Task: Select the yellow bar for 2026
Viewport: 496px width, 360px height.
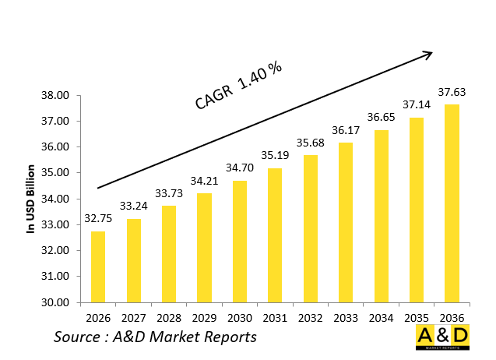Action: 98,266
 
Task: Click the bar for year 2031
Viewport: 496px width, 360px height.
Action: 274,235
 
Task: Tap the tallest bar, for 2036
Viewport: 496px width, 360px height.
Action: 451,203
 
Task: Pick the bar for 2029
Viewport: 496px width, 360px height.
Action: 204,248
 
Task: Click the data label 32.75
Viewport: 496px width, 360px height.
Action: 98,218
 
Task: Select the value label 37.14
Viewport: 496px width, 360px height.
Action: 416,104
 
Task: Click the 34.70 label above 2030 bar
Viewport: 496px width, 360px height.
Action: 239,168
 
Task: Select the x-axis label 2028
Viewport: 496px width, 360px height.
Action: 168,317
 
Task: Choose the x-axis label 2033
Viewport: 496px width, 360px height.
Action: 345,317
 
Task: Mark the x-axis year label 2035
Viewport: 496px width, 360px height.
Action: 416,317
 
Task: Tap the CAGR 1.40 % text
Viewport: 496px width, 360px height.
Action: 237,85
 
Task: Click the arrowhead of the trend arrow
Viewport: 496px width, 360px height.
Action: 427,54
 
